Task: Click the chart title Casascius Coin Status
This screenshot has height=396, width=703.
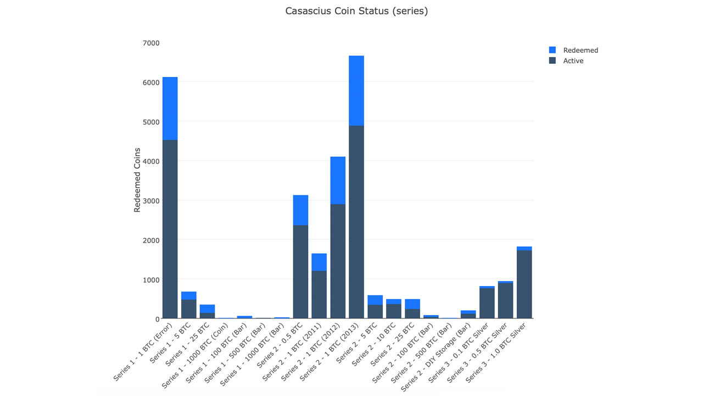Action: tap(356, 11)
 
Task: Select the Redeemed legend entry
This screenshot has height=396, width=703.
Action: tap(580, 50)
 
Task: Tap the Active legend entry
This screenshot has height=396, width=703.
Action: tap(573, 61)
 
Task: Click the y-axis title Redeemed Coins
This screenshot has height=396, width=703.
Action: tap(137, 180)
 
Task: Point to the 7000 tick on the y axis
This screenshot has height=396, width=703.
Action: tap(150, 43)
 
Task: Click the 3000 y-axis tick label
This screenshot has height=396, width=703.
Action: tap(150, 201)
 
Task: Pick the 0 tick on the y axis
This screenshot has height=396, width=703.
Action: tap(157, 319)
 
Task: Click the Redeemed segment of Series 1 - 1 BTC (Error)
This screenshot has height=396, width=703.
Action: tap(170, 108)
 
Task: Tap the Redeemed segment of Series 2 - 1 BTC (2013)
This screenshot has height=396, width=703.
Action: tap(356, 91)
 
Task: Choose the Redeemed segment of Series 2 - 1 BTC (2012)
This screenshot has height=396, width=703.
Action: tap(338, 180)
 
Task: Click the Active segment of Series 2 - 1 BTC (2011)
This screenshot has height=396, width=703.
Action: tap(319, 295)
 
